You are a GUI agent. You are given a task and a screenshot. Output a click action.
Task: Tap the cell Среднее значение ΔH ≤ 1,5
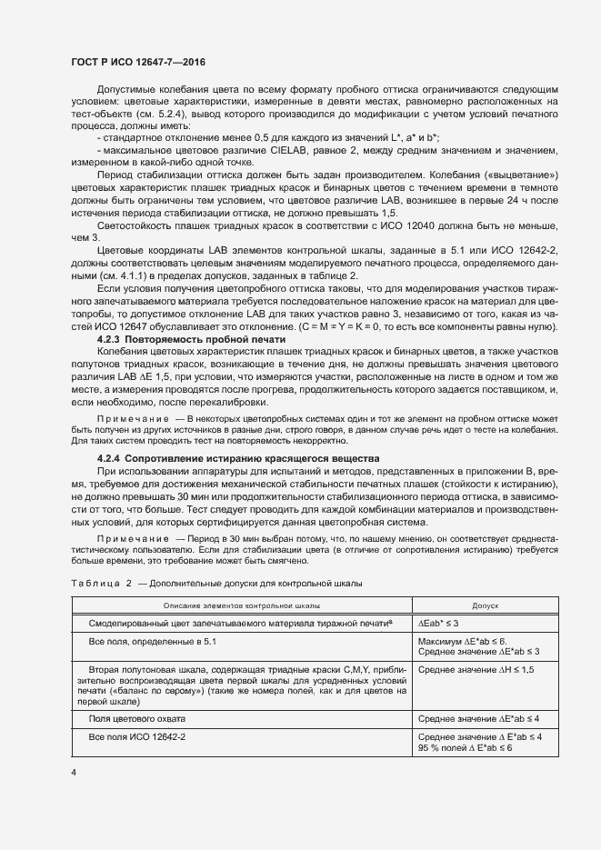(476, 670)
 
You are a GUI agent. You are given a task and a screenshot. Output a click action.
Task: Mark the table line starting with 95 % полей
(465, 747)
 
